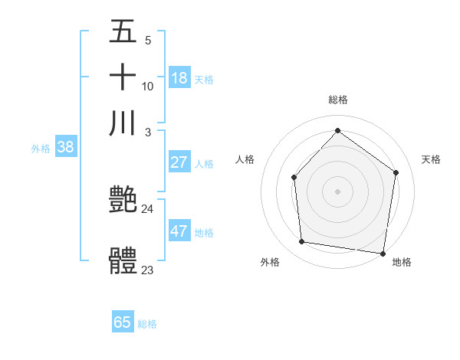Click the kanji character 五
pyautogui.click(x=123, y=34)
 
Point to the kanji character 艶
pyautogui.click(x=123, y=201)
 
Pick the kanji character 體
pyautogui.click(x=123, y=261)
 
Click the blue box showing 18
pyautogui.click(x=179, y=77)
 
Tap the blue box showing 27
pyautogui.click(x=179, y=162)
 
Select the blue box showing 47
pyautogui.click(x=179, y=231)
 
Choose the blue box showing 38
pyautogui.click(x=65, y=148)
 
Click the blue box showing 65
pyautogui.click(x=123, y=322)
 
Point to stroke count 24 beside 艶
pyautogui.click(x=147, y=208)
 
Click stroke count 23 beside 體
pyautogui.click(x=147, y=270)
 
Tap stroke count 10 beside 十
pyautogui.click(x=147, y=86)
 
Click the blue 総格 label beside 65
pyautogui.click(x=147, y=324)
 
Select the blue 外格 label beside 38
pyautogui.click(x=41, y=149)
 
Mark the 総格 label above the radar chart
pyautogui.click(x=337, y=100)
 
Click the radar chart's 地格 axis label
pyautogui.click(x=402, y=262)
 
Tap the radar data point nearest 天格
pyautogui.click(x=396, y=172)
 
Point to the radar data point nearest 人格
pyautogui.click(x=294, y=178)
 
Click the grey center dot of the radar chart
pyautogui.click(x=337, y=191)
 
